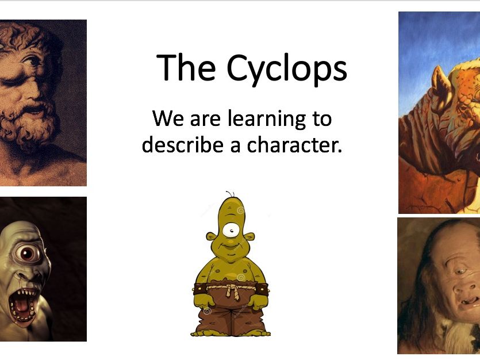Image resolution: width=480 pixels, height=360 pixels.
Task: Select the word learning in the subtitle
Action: [x=267, y=120]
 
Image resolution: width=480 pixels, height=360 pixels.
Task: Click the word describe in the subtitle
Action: [x=182, y=144]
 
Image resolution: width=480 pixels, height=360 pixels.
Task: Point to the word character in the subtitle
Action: [x=294, y=145]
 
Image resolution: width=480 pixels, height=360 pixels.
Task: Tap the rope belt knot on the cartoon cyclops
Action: [x=232, y=289]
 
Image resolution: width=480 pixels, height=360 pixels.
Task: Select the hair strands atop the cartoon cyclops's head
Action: [x=230, y=194]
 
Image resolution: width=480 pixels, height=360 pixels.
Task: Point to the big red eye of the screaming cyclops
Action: [x=28, y=253]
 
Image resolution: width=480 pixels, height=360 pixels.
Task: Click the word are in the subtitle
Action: [x=205, y=120]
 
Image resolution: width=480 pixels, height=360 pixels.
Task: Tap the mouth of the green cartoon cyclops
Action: [x=231, y=246]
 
